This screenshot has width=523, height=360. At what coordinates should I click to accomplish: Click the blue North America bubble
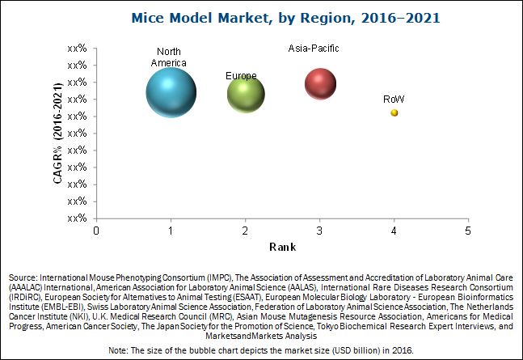(x=171, y=92)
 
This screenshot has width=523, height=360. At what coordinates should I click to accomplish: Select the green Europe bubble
(x=246, y=94)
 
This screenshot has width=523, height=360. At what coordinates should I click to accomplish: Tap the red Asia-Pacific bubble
(x=320, y=83)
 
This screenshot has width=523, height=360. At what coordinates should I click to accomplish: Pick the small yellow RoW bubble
(x=394, y=113)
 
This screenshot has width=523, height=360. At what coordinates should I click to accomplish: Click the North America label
(x=171, y=57)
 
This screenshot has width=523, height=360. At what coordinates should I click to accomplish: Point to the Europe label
(x=241, y=76)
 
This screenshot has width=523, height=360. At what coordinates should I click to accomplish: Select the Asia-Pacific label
(x=314, y=49)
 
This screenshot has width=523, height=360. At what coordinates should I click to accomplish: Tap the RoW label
(x=394, y=100)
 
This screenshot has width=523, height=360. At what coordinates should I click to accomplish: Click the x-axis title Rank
(x=282, y=246)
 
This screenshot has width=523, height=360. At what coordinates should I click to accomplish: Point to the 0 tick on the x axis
(x=96, y=231)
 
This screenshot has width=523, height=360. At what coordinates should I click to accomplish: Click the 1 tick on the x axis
(x=171, y=231)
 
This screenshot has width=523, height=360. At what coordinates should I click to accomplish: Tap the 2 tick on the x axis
(x=245, y=231)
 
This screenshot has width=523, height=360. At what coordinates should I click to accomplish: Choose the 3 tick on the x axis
(x=319, y=231)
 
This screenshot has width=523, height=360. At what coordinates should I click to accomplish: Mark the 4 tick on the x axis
(x=394, y=231)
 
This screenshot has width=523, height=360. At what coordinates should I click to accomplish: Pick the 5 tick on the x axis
(x=468, y=231)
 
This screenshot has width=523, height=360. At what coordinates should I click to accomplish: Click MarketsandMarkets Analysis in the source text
(x=260, y=335)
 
